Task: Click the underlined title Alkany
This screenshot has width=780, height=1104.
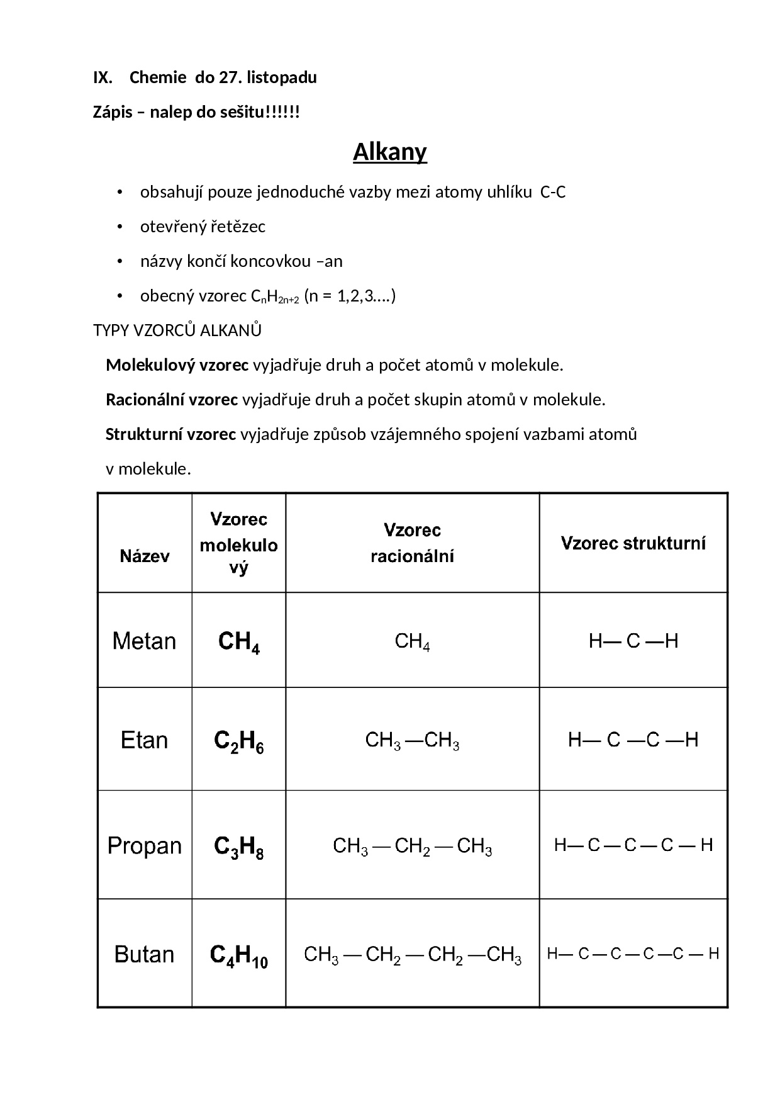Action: [x=389, y=152]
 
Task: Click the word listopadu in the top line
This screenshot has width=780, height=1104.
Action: [x=282, y=78]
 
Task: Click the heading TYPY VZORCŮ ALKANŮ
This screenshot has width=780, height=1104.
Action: [x=177, y=330]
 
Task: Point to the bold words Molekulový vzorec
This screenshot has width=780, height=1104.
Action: [x=177, y=365]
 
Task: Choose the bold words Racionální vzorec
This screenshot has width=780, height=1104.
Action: [x=172, y=400]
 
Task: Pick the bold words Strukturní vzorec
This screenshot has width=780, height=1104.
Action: [x=170, y=434]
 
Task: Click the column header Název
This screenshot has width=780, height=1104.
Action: [x=145, y=556]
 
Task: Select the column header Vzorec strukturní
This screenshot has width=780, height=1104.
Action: [x=633, y=543]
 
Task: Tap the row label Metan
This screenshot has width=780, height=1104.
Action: [x=144, y=641]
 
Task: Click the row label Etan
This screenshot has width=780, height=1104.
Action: [x=144, y=740]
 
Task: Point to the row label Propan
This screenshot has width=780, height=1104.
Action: [x=144, y=845]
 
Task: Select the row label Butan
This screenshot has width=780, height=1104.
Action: [x=144, y=954]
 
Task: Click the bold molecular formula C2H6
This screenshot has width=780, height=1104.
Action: [x=238, y=741]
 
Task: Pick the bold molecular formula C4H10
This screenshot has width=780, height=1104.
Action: [x=238, y=956]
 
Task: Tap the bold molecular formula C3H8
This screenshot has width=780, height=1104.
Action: [x=238, y=847]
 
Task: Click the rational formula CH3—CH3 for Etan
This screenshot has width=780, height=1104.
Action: [x=412, y=741]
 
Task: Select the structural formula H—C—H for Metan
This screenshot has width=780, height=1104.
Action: [x=633, y=641]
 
